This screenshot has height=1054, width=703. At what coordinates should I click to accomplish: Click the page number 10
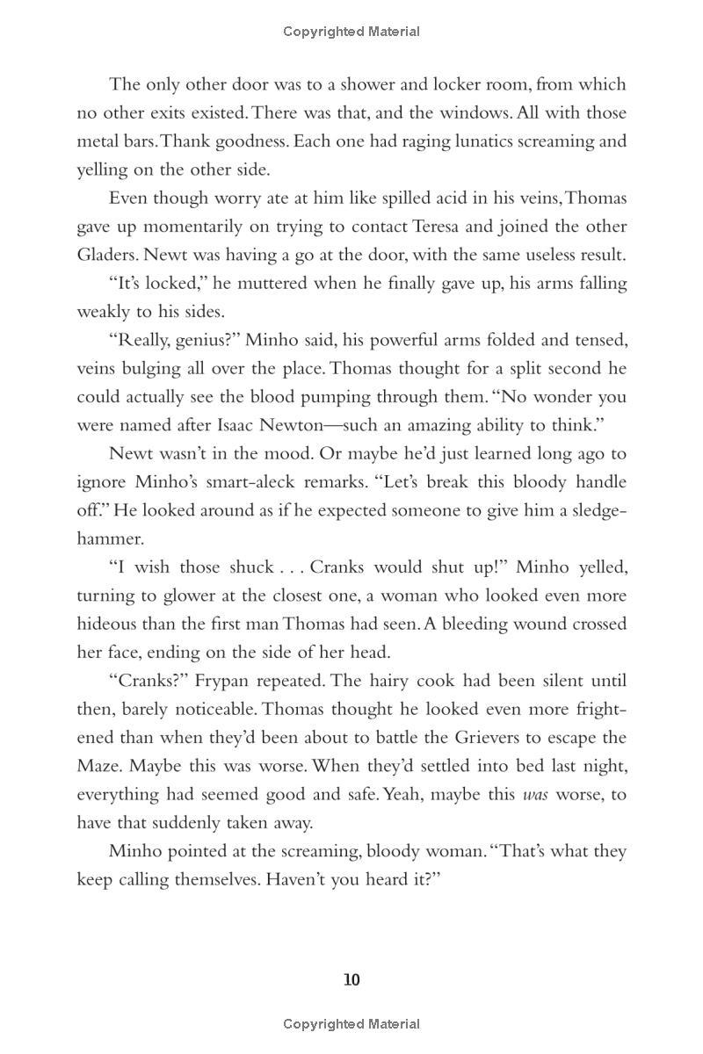click(x=351, y=980)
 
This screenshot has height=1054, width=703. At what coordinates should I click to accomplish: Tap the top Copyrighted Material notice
click(x=351, y=32)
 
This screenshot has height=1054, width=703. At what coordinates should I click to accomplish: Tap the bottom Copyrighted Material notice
click(x=351, y=1024)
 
